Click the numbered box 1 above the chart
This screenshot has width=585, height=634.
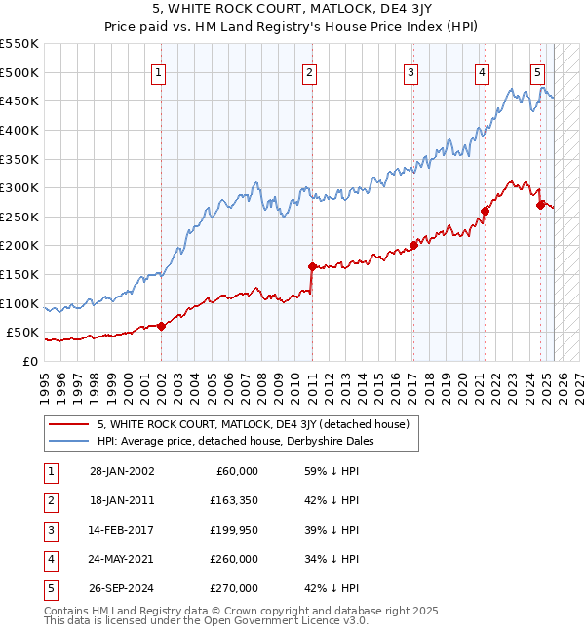click(x=158, y=71)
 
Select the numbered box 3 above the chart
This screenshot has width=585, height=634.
click(x=411, y=71)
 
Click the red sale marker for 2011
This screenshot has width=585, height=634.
click(x=312, y=266)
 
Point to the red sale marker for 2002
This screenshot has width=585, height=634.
click(x=162, y=326)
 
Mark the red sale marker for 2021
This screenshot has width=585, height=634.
click(x=485, y=211)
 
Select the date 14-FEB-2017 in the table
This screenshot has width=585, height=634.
click(x=122, y=530)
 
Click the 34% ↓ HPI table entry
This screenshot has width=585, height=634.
click(x=331, y=559)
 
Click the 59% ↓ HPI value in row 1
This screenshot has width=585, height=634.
click(x=331, y=471)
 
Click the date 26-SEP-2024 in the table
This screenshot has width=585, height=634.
click(x=122, y=588)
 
